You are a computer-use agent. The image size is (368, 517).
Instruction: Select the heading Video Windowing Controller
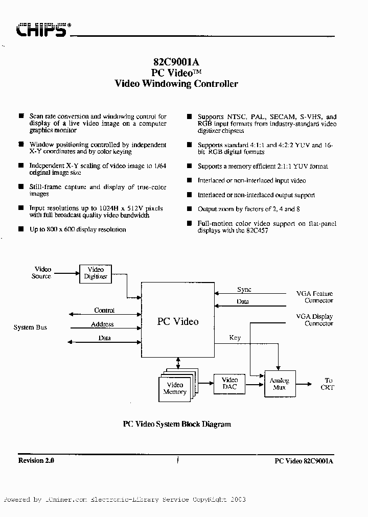coord(176,84)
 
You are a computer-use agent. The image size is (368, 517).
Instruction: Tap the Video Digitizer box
coord(96,273)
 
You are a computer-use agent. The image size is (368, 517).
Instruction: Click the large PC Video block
coord(177,321)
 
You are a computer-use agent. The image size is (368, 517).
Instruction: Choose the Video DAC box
coord(229,384)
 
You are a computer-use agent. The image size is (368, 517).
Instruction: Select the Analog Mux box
coord(279,384)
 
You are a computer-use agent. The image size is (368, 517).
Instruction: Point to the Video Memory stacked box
coord(175,388)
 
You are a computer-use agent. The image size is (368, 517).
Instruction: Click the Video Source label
coord(42,273)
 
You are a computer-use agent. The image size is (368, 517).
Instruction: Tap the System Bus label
coord(30,327)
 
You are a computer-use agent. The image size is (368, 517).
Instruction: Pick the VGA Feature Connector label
coord(314,297)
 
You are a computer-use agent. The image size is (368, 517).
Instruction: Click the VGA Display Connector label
coord(314,320)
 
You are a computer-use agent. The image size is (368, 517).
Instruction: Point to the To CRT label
coord(328,384)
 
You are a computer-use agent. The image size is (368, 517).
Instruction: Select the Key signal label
coord(235,338)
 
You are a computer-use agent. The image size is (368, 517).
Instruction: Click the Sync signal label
coord(244,289)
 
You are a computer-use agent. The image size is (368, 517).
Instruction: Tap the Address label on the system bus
coord(102,324)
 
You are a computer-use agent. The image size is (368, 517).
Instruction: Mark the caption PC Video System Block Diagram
coord(177,424)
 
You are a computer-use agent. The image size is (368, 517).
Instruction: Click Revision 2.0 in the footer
coord(36,460)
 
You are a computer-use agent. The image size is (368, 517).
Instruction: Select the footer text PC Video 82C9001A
coord(304,461)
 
